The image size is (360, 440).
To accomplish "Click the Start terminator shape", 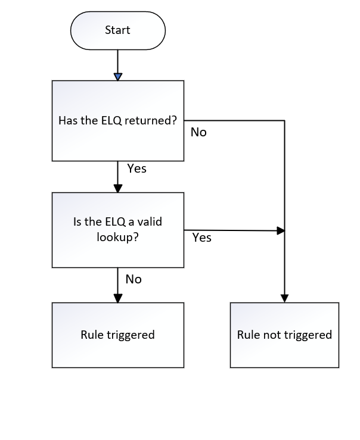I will click(117, 30).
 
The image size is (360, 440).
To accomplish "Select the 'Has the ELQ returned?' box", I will click(117, 120).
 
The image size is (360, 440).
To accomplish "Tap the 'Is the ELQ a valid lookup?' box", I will click(117, 230).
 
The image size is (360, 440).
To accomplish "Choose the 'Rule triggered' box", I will click(117, 335).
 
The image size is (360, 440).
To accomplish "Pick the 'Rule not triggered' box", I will click(284, 335).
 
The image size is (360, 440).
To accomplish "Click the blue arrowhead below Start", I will click(117, 76).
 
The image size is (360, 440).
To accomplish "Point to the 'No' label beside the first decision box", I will click(198, 132).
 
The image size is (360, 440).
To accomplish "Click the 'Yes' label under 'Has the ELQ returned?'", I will click(136, 168).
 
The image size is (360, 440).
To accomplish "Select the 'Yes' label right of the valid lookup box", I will click(202, 238).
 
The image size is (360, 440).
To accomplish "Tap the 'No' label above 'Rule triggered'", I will click(134, 279).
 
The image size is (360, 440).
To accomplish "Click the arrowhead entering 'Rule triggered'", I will click(117, 298).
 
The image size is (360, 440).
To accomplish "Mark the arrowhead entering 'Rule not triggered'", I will click(284, 298).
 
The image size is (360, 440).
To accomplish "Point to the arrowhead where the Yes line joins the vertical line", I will click(281, 230).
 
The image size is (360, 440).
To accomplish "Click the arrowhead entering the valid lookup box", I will click(117, 188).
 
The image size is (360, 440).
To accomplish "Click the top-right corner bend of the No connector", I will click(284, 120).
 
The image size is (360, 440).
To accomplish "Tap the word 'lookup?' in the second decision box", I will click(117, 237).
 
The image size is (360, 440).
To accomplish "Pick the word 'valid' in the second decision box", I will click(148, 222).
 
